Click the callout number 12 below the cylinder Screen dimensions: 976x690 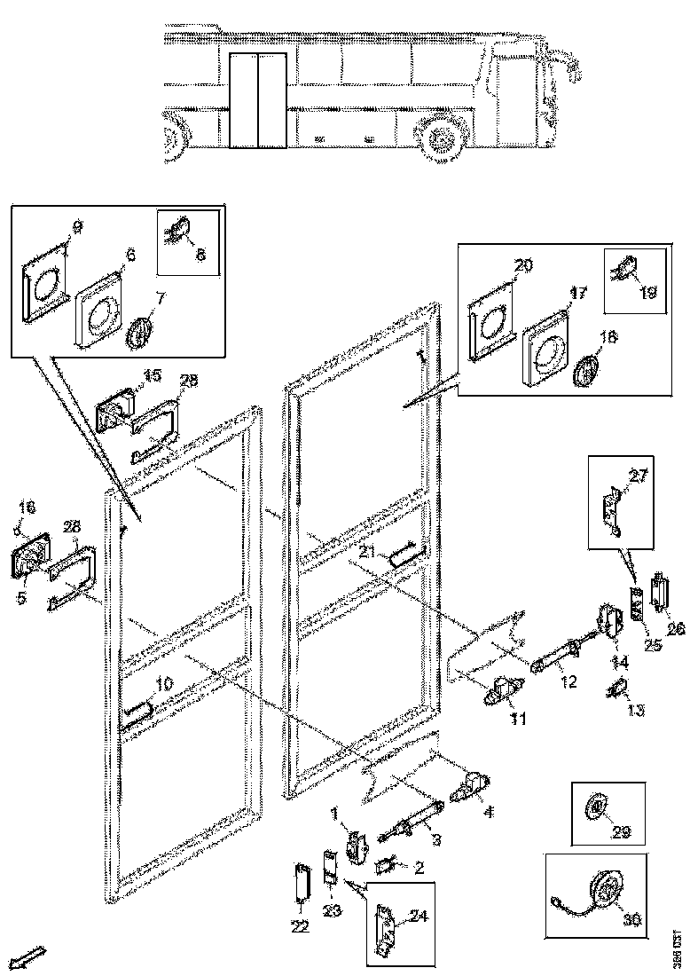point(568,681)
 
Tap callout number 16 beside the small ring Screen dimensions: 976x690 point(27,508)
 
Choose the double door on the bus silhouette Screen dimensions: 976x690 point(256,99)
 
